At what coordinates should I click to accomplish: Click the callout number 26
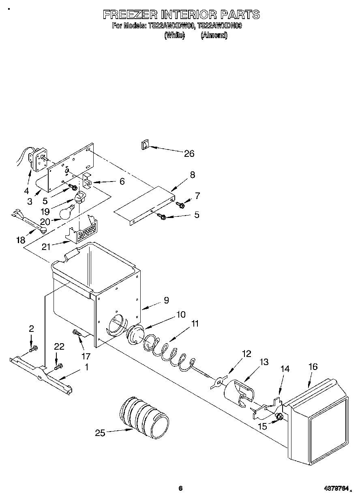[189, 154]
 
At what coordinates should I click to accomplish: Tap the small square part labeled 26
[145, 145]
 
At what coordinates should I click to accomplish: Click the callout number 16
[313, 367]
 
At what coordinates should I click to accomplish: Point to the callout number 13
[264, 362]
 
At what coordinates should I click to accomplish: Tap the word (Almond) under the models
[214, 36]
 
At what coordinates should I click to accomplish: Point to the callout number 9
[166, 300]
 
